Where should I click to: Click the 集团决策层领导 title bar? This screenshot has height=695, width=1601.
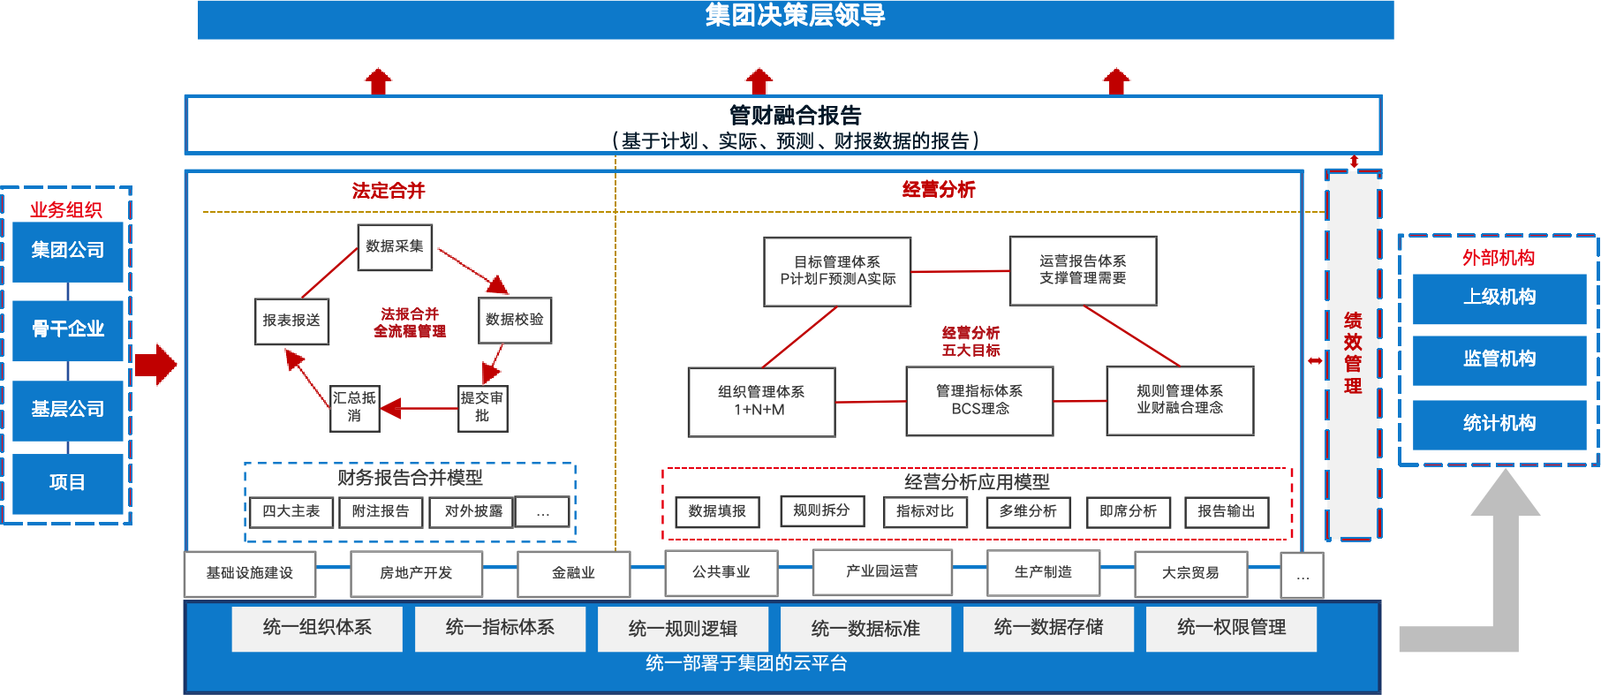(x=795, y=18)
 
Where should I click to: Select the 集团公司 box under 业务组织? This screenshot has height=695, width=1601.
(x=68, y=252)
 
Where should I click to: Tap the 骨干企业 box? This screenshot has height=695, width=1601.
(x=68, y=330)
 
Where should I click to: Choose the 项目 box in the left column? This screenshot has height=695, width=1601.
(x=68, y=483)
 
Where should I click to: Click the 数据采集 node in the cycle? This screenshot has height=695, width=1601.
(x=395, y=246)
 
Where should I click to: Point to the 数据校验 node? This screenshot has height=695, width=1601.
(x=515, y=320)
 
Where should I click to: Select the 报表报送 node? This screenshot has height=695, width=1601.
(x=291, y=320)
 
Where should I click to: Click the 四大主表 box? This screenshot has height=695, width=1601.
(x=291, y=512)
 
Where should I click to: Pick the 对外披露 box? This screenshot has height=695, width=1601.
(x=472, y=512)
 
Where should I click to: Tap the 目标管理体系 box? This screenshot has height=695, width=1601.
(x=837, y=271)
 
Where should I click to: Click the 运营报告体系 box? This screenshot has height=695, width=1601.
(x=1083, y=270)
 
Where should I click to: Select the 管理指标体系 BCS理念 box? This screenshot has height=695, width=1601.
(x=979, y=400)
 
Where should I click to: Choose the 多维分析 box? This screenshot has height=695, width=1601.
(x=1028, y=512)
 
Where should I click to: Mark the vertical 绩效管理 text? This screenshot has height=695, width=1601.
(x=1353, y=353)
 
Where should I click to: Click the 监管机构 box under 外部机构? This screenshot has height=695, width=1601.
(x=1499, y=359)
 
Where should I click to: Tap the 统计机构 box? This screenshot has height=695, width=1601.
(x=1499, y=424)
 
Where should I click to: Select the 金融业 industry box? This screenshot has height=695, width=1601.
(x=574, y=573)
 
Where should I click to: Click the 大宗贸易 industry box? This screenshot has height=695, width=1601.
(x=1190, y=573)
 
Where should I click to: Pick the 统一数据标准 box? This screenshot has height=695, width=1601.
(x=865, y=629)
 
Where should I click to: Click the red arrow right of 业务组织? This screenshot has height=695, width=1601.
(x=156, y=364)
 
